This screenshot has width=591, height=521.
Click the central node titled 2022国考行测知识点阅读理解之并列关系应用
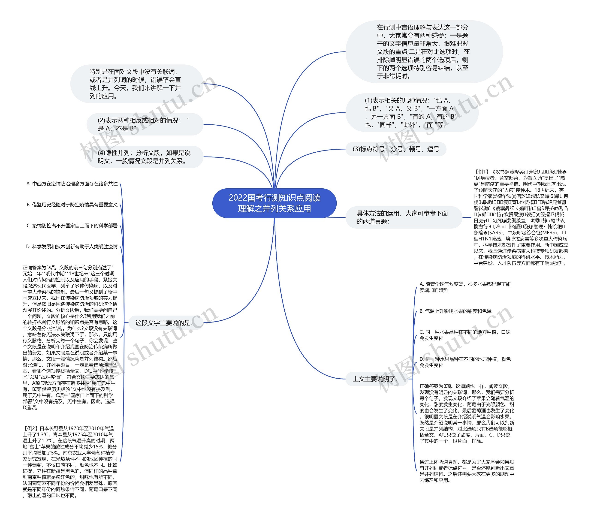[x=274, y=203]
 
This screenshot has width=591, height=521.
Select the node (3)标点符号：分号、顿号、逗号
[x=396, y=149]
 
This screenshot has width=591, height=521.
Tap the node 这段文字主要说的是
[x=164, y=323]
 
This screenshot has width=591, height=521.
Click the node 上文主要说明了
[x=375, y=379]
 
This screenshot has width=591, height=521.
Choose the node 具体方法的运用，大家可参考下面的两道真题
[x=402, y=217]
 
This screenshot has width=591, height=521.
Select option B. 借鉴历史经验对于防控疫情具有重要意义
[x=72, y=205]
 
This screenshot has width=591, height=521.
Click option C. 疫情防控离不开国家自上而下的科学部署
[x=72, y=226]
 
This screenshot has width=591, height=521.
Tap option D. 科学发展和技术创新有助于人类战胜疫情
[x=72, y=247]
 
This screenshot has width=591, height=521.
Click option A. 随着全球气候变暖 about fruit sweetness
[x=465, y=287]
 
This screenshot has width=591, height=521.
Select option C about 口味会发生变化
[x=465, y=335]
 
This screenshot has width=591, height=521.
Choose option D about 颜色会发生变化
[x=465, y=362]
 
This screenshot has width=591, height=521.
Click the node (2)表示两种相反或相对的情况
[x=143, y=124]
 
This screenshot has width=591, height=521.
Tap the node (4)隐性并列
[x=144, y=157]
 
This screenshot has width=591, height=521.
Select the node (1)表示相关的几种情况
[x=410, y=112]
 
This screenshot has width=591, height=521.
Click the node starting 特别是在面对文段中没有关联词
[x=135, y=84]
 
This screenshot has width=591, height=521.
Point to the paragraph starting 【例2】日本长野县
[x=70, y=462]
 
